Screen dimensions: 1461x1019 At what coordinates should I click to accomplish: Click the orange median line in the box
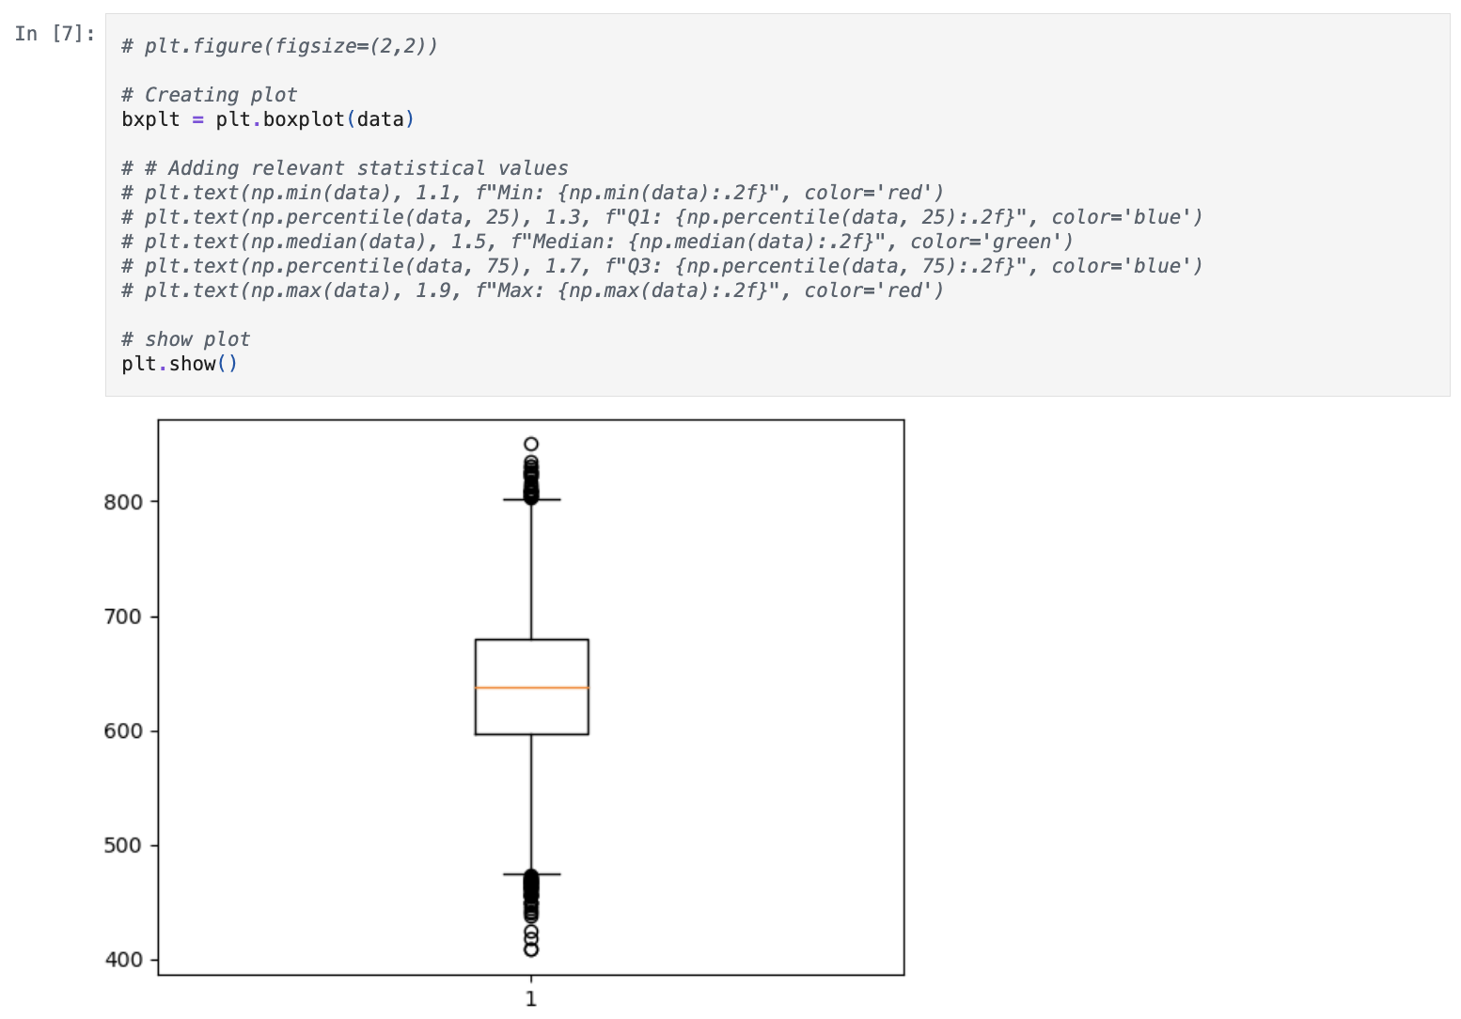(x=531, y=688)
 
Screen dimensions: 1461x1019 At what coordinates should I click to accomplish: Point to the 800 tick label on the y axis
(x=122, y=502)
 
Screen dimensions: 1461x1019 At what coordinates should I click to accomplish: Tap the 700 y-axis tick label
(x=122, y=617)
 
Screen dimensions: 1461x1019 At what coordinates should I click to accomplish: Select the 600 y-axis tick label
(x=122, y=730)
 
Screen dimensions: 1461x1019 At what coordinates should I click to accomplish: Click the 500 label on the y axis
(x=122, y=846)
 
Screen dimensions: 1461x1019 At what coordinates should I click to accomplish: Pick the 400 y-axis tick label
(x=122, y=960)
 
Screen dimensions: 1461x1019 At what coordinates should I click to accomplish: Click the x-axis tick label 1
(x=531, y=999)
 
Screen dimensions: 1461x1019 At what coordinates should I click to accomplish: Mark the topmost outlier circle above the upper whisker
(x=531, y=444)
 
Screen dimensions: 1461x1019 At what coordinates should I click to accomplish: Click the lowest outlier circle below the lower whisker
(x=531, y=949)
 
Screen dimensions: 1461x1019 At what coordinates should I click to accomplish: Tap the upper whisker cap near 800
(x=531, y=500)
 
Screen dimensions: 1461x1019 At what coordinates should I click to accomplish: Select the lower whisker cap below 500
(x=531, y=874)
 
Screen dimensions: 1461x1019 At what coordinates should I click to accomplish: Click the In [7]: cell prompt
(x=55, y=34)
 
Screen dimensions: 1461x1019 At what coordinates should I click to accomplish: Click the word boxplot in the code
(x=304, y=120)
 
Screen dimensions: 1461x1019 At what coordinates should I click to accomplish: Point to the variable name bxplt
(x=150, y=120)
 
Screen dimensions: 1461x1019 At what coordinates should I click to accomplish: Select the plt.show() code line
(x=180, y=364)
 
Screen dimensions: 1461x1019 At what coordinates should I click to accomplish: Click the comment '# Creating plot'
(x=210, y=95)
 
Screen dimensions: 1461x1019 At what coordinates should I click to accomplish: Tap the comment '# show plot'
(x=186, y=339)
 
